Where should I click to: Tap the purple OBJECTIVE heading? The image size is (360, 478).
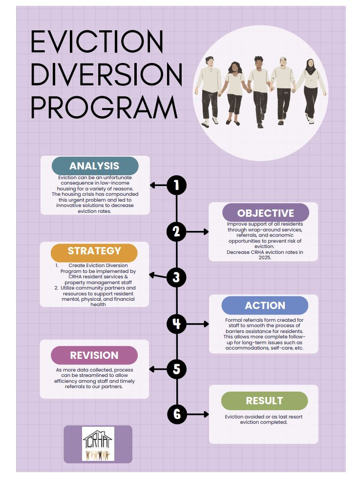click(265, 213)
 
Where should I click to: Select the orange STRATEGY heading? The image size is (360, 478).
click(94, 251)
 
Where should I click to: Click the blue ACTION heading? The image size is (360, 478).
click(265, 305)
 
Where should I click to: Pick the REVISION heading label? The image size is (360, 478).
click(94, 355)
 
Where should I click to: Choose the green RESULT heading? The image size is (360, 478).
click(264, 401)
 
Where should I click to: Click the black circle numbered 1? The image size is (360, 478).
click(176, 185)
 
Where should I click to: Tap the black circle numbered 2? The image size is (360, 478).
click(176, 231)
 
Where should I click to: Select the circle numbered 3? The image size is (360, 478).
click(176, 277)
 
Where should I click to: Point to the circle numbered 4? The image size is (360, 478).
click(176, 323)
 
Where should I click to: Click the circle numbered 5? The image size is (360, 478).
click(176, 369)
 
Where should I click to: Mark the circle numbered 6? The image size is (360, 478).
click(176, 415)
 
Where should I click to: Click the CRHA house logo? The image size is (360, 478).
click(98, 444)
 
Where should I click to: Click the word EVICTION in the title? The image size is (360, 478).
click(97, 42)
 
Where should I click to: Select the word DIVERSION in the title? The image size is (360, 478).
click(106, 74)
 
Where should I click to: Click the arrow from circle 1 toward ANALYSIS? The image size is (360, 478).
click(157, 185)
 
